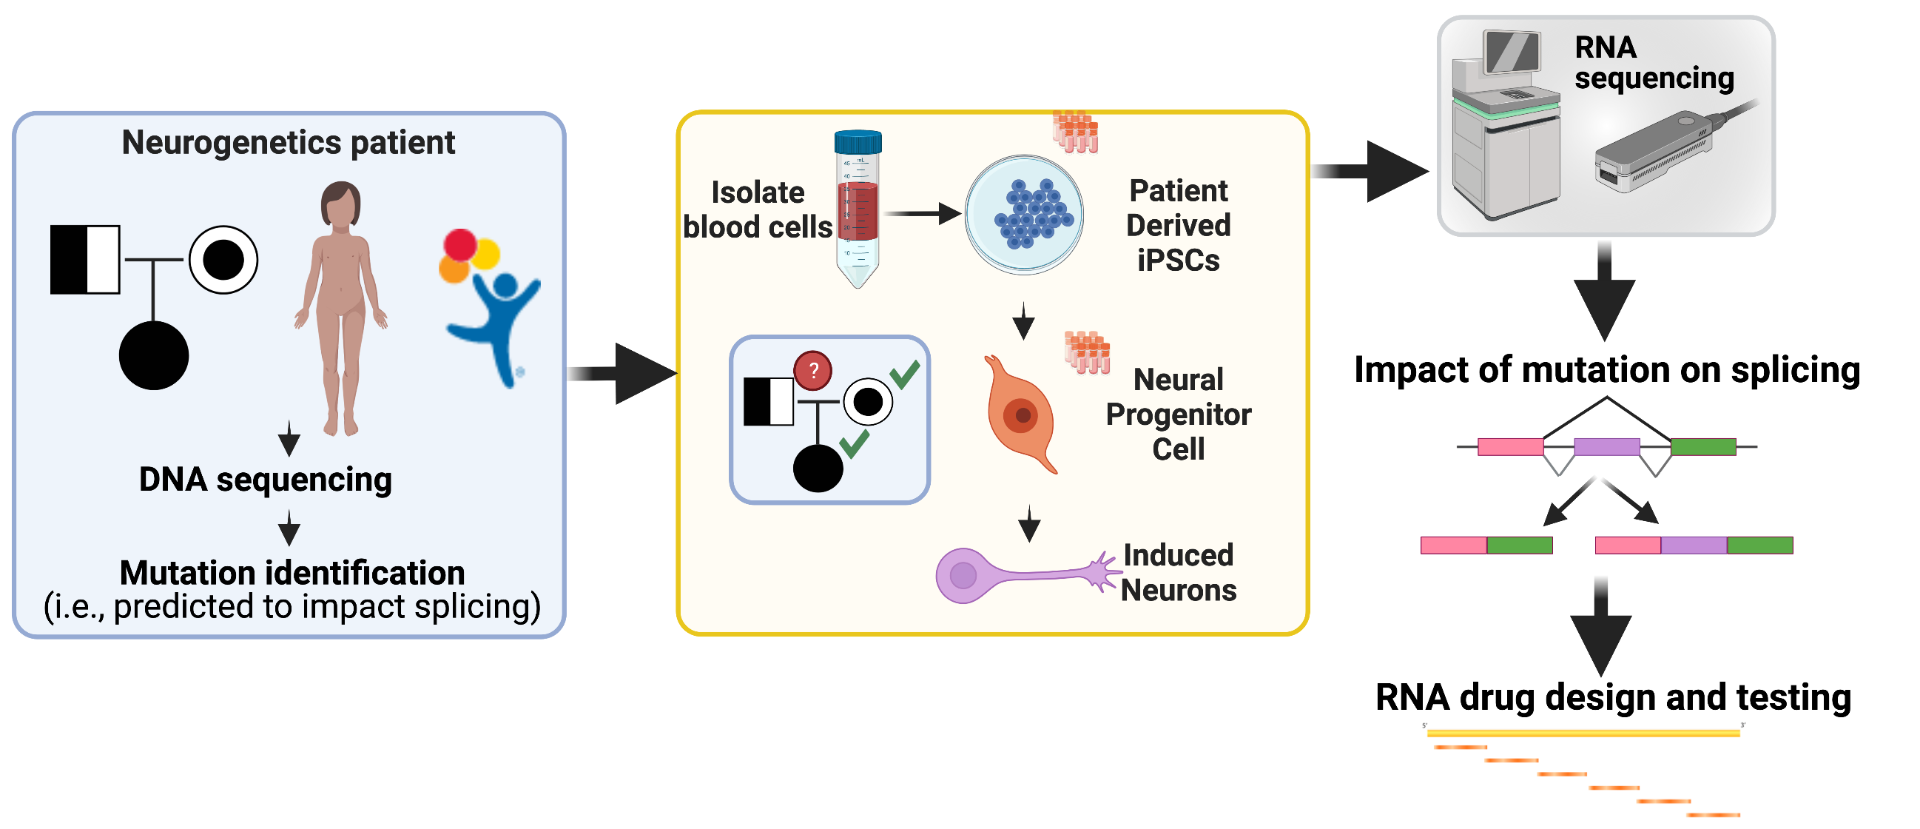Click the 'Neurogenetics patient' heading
click(x=288, y=142)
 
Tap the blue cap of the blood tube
click(x=858, y=141)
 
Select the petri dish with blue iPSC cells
click(x=1024, y=215)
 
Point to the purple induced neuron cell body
click(x=963, y=575)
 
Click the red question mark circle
click(x=812, y=371)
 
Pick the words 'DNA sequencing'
click(x=266, y=480)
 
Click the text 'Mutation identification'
click(x=292, y=573)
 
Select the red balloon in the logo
click(x=460, y=244)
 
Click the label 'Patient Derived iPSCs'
click(x=1178, y=225)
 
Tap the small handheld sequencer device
click(x=1654, y=152)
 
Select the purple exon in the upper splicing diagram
click(x=1606, y=446)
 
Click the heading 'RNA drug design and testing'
click(x=1613, y=698)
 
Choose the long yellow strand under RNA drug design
click(x=1583, y=734)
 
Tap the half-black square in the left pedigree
click(x=85, y=260)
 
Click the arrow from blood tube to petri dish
click(x=923, y=214)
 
